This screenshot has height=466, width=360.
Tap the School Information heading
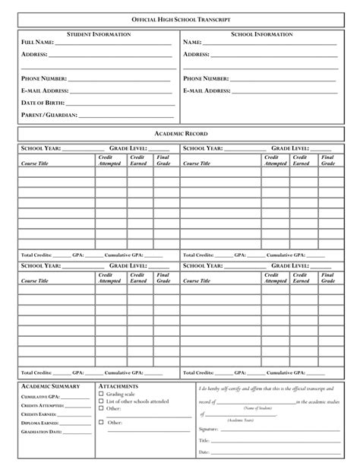tap(261, 34)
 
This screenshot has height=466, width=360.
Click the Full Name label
tap(37, 43)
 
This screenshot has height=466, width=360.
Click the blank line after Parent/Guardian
tap(125, 116)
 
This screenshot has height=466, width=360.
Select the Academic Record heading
tap(180, 134)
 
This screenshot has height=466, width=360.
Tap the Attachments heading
tap(118, 387)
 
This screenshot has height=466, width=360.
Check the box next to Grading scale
tap(102, 395)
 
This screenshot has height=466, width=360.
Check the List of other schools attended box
tap(102, 401)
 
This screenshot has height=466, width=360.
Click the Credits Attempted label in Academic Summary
tap(42, 406)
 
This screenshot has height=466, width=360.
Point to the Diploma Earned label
tap(39, 423)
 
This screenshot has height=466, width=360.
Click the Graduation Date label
tap(41, 431)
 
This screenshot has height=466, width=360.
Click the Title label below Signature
tap(204, 440)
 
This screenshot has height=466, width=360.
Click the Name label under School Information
tap(192, 43)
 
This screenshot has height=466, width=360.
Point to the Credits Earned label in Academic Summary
tap(39, 414)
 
